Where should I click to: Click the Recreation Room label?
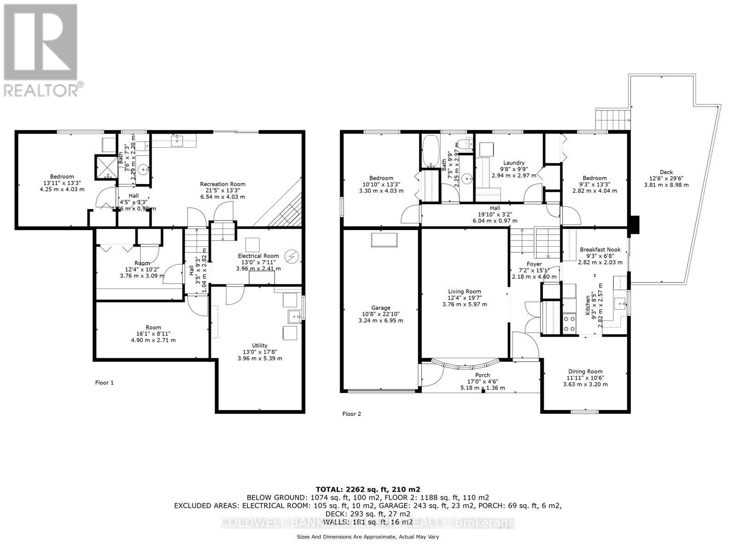[223, 184]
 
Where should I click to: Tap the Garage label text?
[380, 308]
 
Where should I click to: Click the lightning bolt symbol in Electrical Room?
[291, 255]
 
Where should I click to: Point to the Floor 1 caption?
[104, 382]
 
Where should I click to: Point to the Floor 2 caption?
[351, 414]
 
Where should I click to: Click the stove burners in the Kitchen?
[569, 322]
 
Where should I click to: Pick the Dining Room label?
[585, 372]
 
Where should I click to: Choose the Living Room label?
[465, 291]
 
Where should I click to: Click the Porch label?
[483, 375]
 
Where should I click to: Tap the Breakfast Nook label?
[600, 250]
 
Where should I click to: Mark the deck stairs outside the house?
[612, 121]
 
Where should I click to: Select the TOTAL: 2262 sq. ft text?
[368, 489]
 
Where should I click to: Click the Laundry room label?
[514, 163]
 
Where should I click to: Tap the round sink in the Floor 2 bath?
[467, 177]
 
